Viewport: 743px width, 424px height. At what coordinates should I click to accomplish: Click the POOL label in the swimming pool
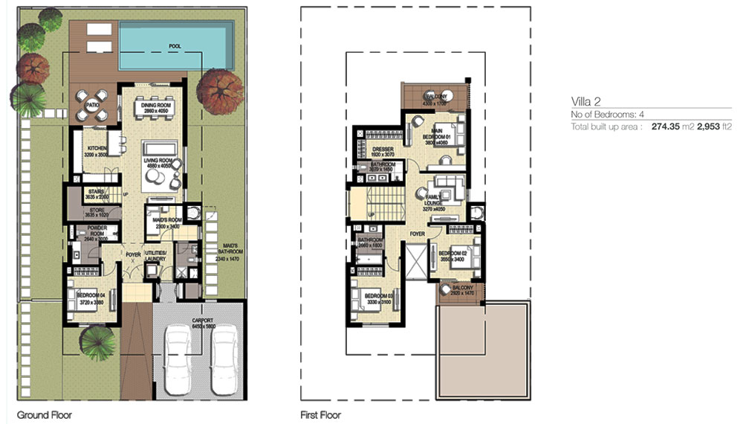point(175,46)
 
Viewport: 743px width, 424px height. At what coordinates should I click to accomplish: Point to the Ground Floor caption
point(44,414)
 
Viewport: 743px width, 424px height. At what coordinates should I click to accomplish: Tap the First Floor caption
point(320,414)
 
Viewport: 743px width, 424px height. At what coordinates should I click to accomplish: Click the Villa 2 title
point(585,102)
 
